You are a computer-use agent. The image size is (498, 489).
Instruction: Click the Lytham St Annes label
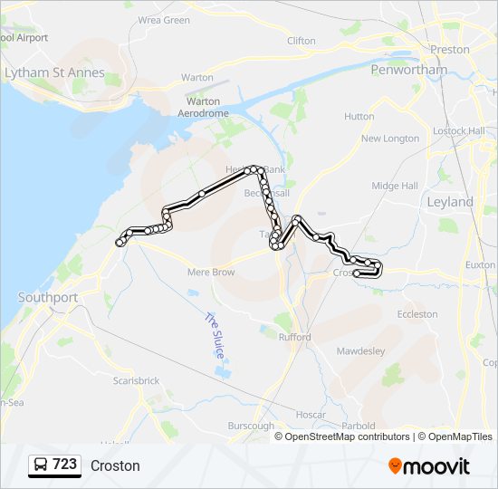(x=54, y=72)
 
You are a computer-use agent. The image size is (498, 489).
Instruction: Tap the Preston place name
(x=451, y=50)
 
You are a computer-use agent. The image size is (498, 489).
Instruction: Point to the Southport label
(x=48, y=297)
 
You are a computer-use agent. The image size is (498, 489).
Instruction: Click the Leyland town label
(x=450, y=202)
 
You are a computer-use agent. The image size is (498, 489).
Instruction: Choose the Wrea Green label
(x=164, y=20)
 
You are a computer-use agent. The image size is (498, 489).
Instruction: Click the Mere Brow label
(x=211, y=272)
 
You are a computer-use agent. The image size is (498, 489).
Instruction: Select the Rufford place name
(x=294, y=337)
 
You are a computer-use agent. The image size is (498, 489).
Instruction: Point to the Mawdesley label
(x=360, y=350)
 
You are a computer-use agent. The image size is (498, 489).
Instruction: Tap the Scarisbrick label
(x=137, y=381)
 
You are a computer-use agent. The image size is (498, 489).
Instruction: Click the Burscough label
(x=251, y=426)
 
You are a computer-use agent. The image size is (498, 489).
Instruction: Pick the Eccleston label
(x=417, y=314)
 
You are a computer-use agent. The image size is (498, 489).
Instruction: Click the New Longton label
(x=390, y=139)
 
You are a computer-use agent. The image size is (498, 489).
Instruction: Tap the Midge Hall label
(x=395, y=186)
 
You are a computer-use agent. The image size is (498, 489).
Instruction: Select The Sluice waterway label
(x=214, y=335)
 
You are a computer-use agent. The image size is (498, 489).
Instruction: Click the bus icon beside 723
(x=41, y=465)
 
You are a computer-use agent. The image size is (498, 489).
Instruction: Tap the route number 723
(x=65, y=465)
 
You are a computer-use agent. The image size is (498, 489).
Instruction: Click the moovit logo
(x=429, y=465)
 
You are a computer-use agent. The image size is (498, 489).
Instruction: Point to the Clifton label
(x=302, y=41)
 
